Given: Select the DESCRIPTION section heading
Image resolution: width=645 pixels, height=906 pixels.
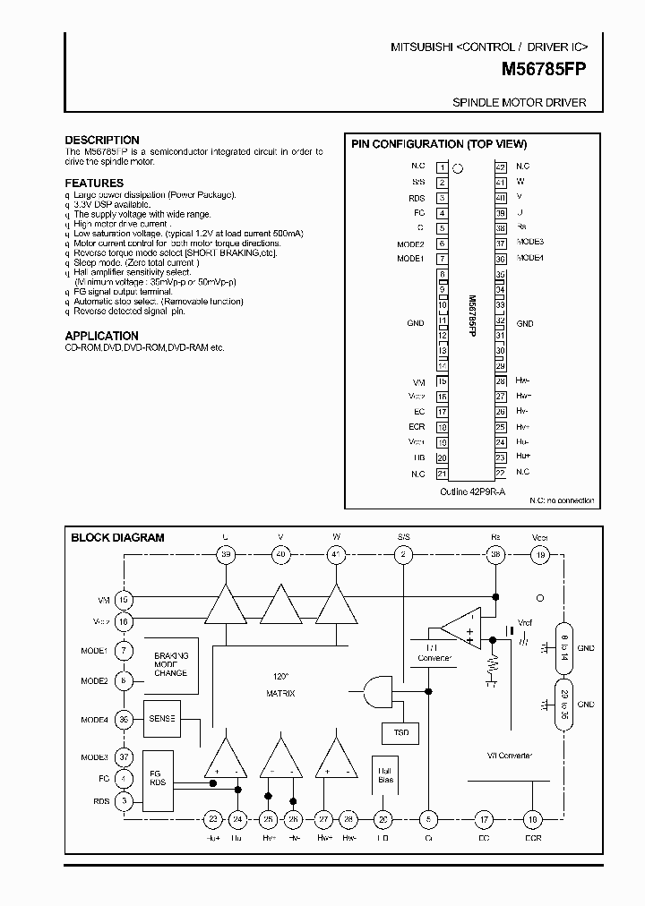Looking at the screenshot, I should coord(102,141).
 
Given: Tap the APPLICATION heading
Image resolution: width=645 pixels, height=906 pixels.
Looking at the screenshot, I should coord(101,336).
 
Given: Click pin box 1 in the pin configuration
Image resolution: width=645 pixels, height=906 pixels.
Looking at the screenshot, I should coord(442,167).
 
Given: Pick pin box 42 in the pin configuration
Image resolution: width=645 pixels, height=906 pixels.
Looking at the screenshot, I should coord(501,167).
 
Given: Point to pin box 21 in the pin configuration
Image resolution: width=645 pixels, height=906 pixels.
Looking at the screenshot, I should coord(442,474).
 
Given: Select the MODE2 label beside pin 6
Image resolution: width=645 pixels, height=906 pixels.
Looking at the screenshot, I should coord(410,244).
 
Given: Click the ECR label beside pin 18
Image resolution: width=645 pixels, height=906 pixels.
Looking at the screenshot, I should coord(416,427).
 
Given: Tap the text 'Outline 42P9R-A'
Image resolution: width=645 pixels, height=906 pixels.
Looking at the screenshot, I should coord(472,491).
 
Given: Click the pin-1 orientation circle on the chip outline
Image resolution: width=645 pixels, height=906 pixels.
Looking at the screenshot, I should coord(458,167).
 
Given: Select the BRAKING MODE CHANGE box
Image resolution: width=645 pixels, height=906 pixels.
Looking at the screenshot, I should coord(170,663).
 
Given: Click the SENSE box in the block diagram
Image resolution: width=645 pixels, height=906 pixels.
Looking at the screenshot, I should coord(163,719).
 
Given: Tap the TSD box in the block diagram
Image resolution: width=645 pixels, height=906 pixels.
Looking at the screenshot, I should coord(400,732).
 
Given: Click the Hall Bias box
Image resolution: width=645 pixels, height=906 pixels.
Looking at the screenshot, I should coord(384,774).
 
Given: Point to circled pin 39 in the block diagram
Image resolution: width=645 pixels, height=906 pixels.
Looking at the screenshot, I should coord(225,555).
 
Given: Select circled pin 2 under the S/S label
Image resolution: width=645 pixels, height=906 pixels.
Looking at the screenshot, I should coord(404,555).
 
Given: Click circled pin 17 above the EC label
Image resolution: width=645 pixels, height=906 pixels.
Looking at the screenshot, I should coord(484,818).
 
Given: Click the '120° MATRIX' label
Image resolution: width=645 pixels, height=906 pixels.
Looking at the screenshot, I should coord(281,684).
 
